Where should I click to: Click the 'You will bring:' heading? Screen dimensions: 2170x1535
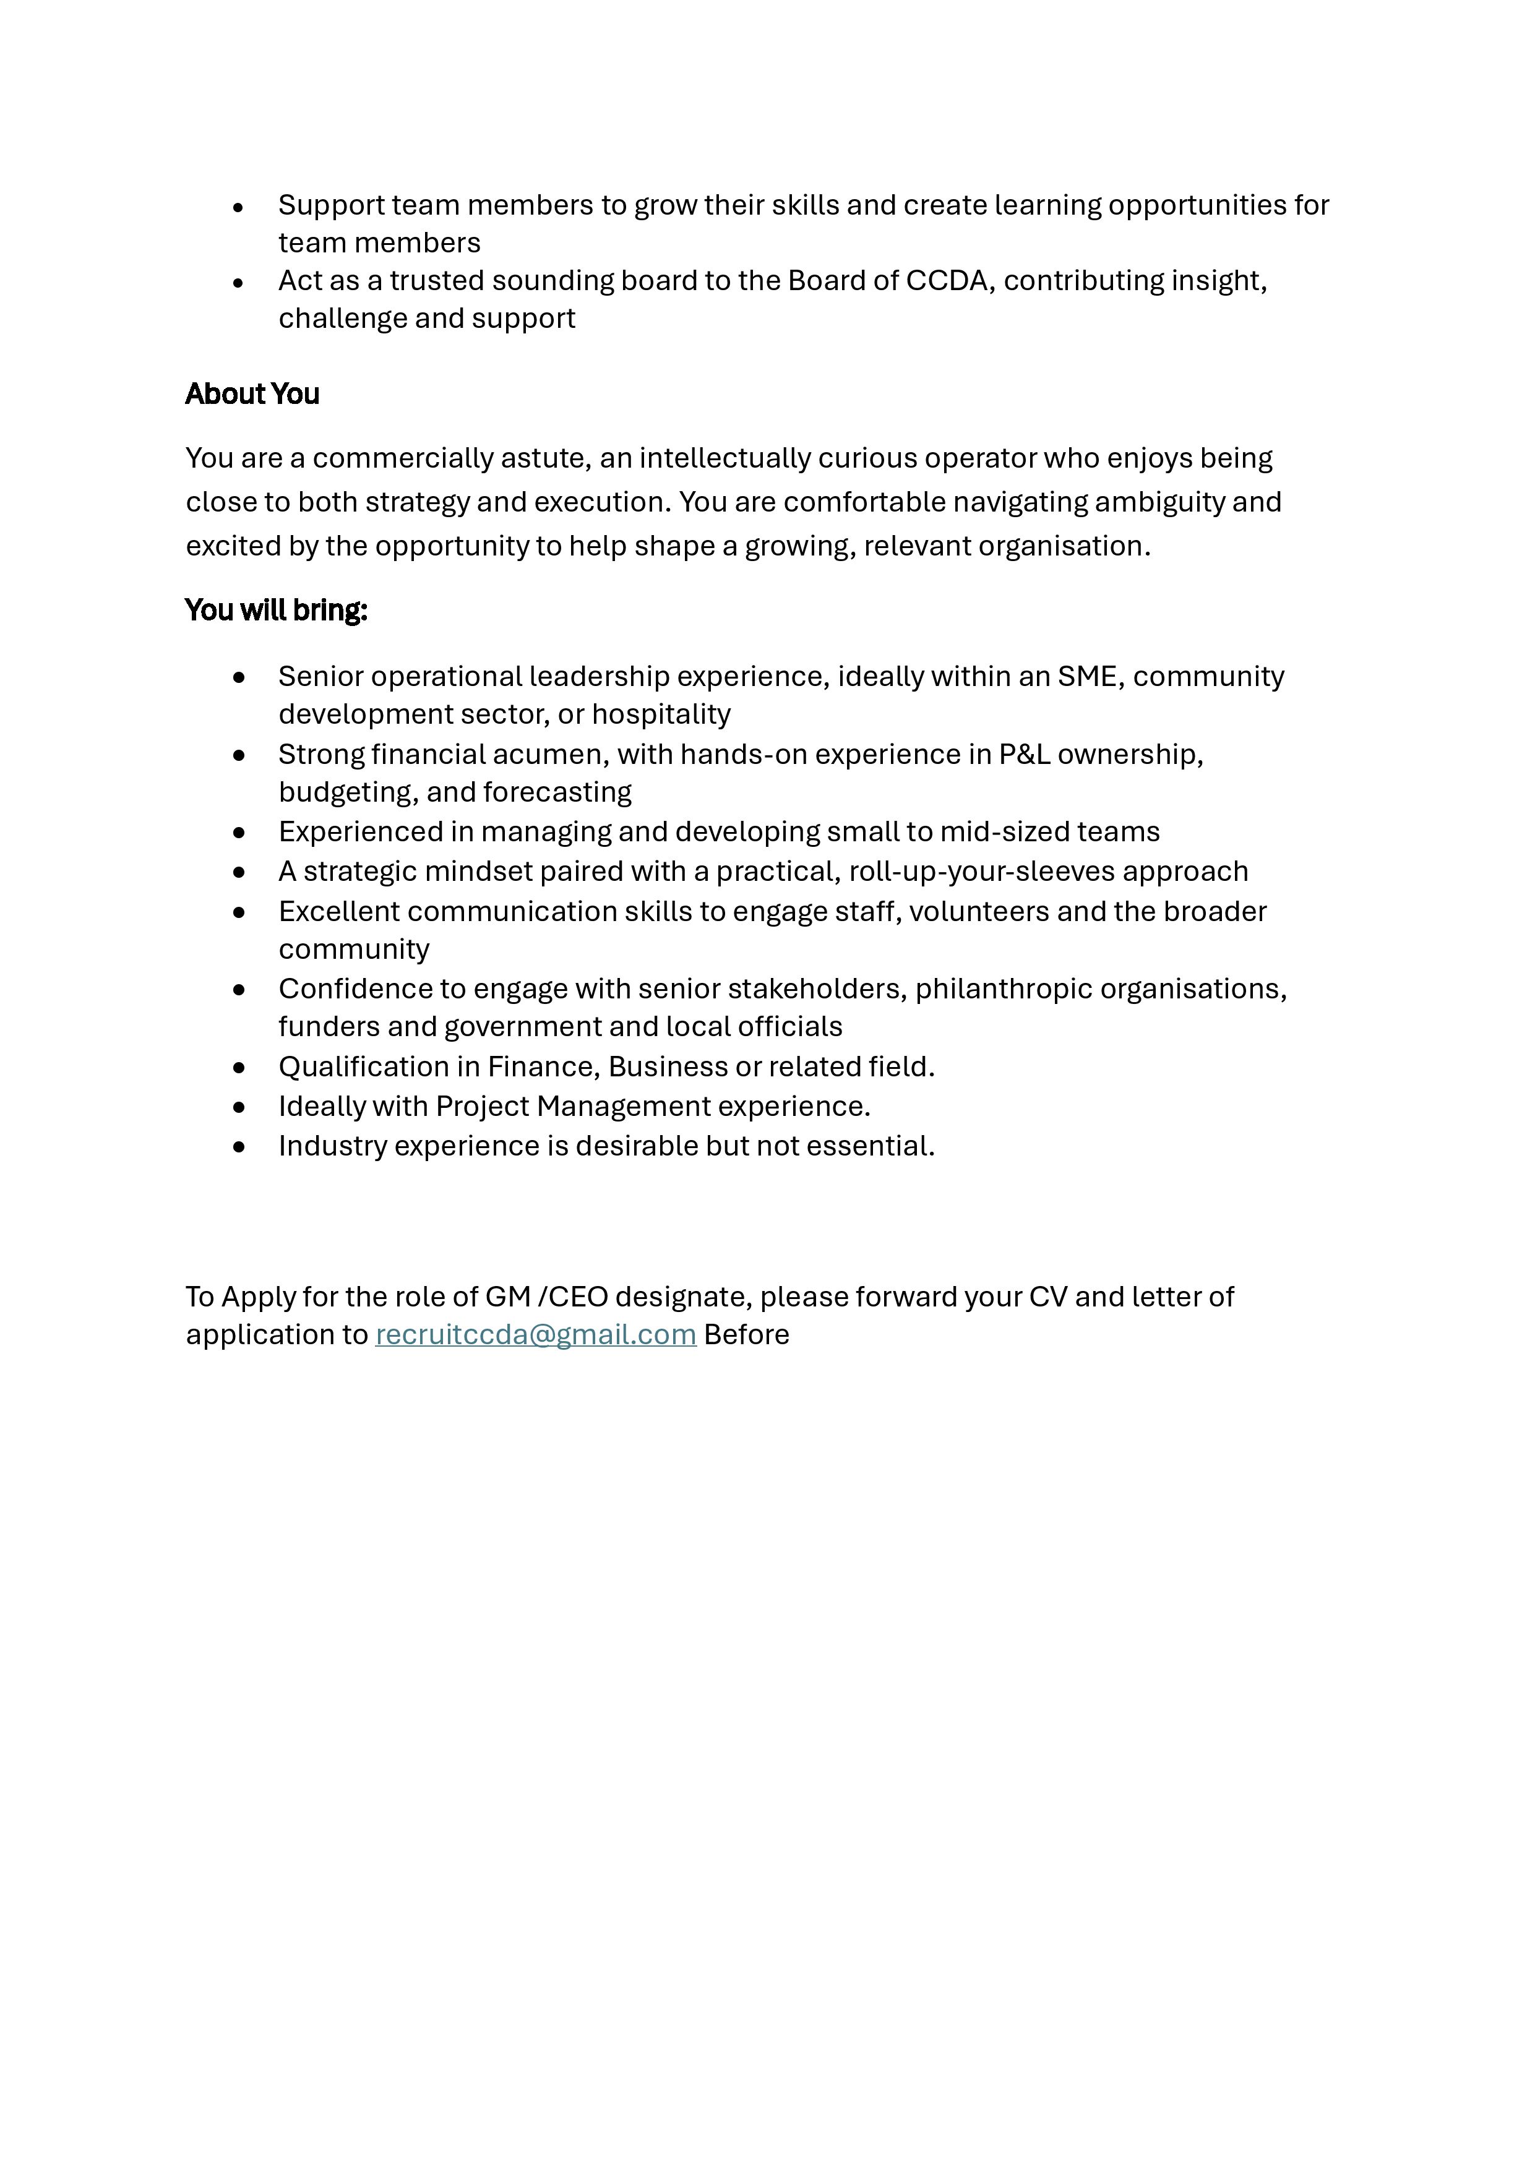276,611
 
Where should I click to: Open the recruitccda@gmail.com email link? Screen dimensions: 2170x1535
535,1334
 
